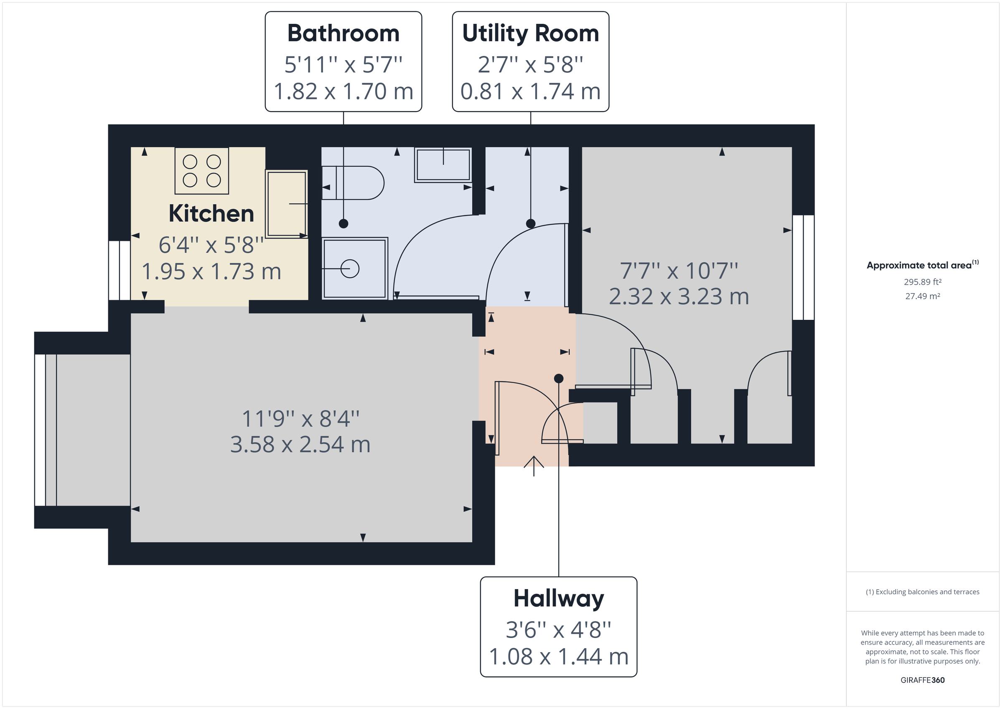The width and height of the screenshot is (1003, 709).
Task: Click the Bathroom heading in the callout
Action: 344,34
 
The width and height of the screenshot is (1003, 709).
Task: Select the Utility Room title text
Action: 530,34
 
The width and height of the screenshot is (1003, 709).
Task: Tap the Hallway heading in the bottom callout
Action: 558,598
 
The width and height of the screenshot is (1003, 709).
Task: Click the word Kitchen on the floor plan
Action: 211,213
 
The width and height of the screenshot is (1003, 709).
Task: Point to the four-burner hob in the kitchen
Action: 201,171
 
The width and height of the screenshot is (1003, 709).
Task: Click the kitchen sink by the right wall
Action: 287,204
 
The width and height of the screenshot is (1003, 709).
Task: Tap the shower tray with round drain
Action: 355,268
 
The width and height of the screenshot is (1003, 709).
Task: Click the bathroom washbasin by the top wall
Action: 443,165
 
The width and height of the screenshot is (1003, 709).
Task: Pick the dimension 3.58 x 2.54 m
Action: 300,445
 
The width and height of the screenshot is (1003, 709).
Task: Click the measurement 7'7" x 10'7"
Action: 679,271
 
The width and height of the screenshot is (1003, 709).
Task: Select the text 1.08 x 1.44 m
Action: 558,657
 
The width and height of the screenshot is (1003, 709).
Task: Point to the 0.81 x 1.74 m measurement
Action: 530,92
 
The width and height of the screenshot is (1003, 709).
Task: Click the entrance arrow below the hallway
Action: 533,466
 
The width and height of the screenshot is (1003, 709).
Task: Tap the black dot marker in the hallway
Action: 558,379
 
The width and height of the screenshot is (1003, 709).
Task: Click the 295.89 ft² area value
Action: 922,282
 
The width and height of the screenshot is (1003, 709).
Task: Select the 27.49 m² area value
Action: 922,296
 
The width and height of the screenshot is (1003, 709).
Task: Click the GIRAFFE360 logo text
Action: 922,680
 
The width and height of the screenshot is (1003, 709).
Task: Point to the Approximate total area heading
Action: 919,266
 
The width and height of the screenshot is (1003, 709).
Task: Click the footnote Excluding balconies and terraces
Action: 922,592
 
